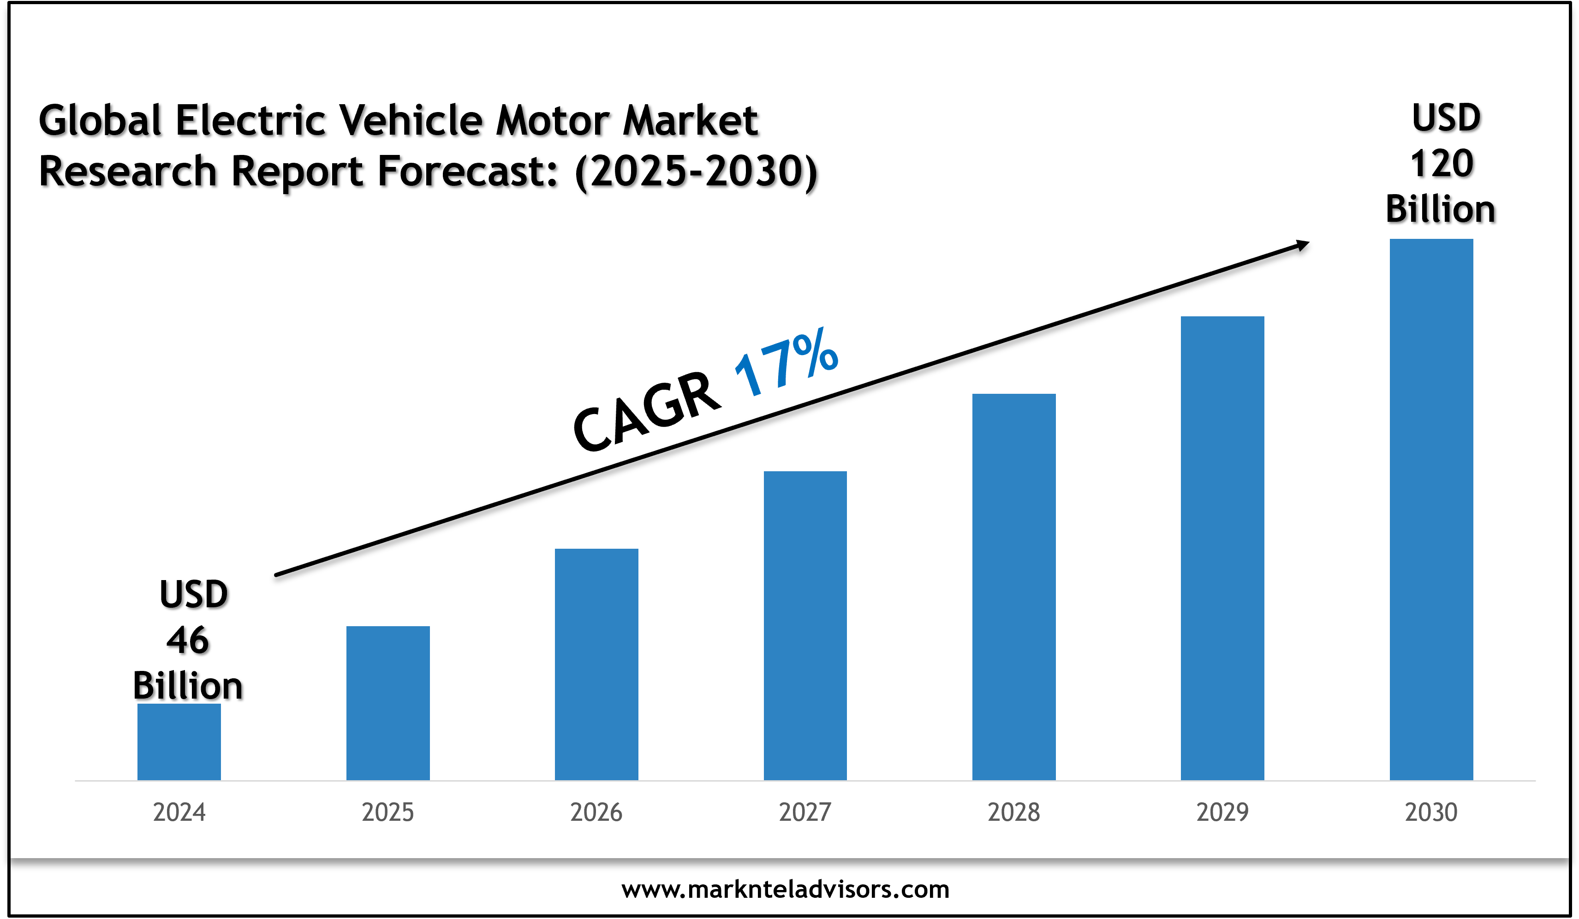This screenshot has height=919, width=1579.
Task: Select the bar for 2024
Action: (x=179, y=742)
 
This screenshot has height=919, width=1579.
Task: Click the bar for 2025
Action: (x=388, y=703)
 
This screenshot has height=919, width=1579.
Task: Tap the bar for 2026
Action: (x=596, y=664)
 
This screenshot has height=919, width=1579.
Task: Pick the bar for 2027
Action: (x=805, y=625)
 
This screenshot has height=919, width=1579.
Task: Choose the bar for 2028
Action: (x=1014, y=587)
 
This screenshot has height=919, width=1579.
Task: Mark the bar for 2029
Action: (x=1222, y=548)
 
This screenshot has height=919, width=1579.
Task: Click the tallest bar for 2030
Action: (x=1431, y=510)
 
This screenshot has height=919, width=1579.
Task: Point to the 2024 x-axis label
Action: (x=179, y=812)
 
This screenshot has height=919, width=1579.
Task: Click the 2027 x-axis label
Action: (x=805, y=812)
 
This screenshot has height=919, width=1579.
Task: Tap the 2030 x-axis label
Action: (x=1431, y=812)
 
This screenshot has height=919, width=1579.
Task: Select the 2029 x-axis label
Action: (x=1222, y=812)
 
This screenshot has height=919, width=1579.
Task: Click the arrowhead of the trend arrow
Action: (x=1302, y=245)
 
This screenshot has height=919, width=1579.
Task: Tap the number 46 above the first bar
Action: (x=187, y=640)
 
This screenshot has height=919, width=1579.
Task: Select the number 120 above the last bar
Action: (x=1441, y=164)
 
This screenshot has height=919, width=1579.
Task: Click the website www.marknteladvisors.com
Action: (x=786, y=889)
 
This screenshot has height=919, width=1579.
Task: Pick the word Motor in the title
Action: (x=552, y=120)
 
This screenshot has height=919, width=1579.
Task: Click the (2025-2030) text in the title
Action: (x=696, y=172)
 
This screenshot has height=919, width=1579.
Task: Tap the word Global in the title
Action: (x=100, y=120)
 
